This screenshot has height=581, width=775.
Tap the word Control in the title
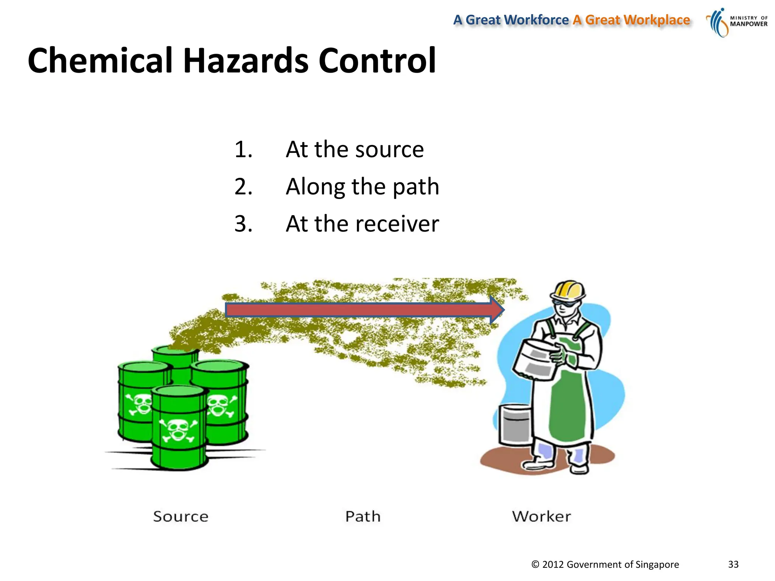[x=377, y=61]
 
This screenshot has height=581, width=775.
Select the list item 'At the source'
[x=355, y=149]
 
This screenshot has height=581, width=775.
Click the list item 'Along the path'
[x=362, y=186]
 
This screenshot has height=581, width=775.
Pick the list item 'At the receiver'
[x=362, y=224]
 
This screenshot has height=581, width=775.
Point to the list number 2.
[x=243, y=186]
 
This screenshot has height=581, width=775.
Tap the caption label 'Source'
[x=181, y=517]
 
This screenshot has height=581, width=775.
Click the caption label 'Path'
[x=363, y=517]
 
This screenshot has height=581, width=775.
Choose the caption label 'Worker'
[x=541, y=517]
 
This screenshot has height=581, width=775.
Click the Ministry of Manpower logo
[x=736, y=22]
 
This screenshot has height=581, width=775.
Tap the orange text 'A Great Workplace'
[x=631, y=20]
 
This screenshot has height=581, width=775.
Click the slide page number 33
[x=733, y=564]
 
